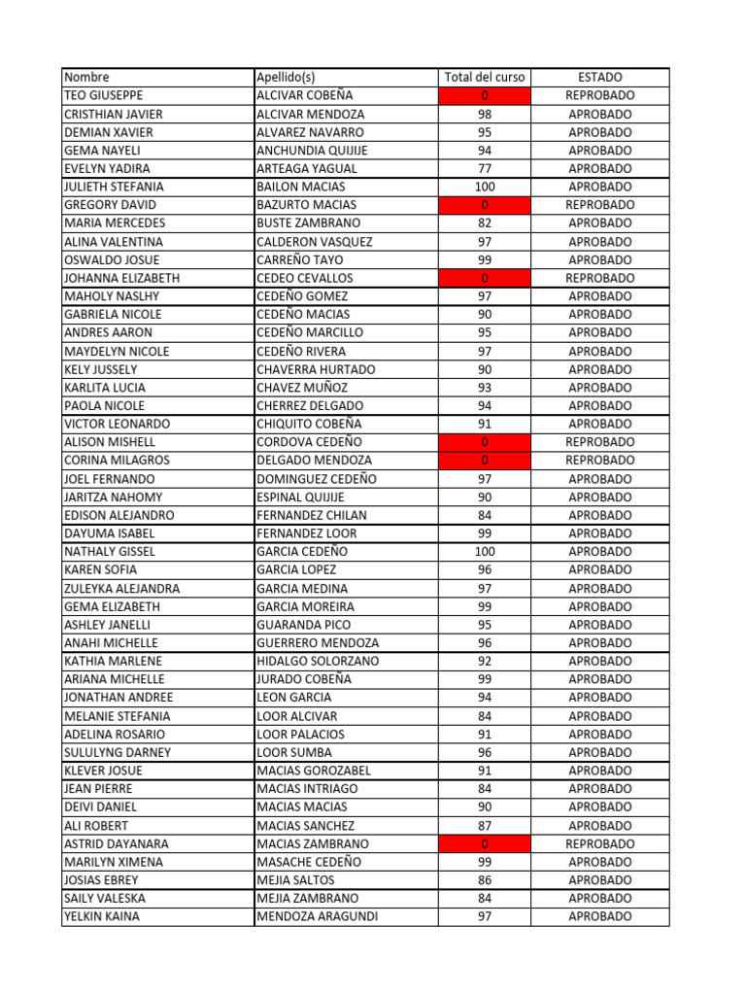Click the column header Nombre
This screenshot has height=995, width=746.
(x=87, y=77)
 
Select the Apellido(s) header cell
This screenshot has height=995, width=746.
(x=286, y=77)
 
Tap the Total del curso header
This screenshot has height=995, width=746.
(x=484, y=77)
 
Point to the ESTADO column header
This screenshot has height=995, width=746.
(x=599, y=77)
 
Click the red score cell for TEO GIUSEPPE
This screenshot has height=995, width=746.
(x=484, y=95)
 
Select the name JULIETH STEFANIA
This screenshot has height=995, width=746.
(x=114, y=187)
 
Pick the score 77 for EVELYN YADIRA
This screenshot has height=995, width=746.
(x=484, y=168)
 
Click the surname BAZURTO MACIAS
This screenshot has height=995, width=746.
(x=306, y=205)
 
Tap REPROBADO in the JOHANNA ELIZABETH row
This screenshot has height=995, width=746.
(x=599, y=278)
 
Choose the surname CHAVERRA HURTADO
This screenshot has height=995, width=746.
(x=316, y=369)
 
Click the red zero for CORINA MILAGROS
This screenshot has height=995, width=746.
(x=484, y=460)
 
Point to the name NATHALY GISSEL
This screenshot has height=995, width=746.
(x=109, y=551)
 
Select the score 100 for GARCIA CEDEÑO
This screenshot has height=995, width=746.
(x=484, y=551)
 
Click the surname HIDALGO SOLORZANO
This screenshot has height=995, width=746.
(x=318, y=661)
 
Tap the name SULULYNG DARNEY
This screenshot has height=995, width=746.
(x=117, y=752)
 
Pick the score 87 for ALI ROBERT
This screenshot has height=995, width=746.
(x=484, y=825)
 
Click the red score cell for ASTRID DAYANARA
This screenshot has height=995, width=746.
(x=484, y=843)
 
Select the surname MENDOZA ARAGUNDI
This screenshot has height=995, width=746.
(x=317, y=916)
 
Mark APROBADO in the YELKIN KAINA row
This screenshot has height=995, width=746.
(x=599, y=916)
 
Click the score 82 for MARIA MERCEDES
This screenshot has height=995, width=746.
(x=484, y=223)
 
